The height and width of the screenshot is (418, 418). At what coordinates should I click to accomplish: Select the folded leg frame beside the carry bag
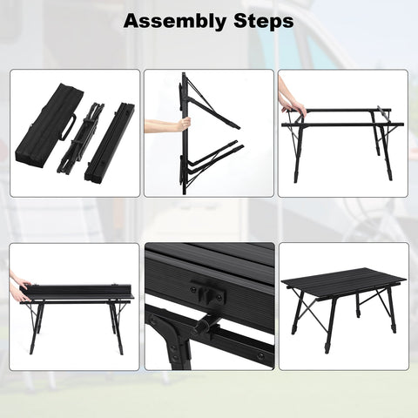[x=78, y=137]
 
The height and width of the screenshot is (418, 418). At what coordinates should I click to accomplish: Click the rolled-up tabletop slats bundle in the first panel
[x=110, y=141]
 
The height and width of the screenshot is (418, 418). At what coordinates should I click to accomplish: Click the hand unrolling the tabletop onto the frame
[x=20, y=287]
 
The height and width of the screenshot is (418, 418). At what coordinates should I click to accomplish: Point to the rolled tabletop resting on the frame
[x=76, y=292]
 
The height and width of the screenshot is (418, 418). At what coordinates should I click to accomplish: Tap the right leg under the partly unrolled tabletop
[x=117, y=328]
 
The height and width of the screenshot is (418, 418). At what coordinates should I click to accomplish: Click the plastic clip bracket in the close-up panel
[x=208, y=289]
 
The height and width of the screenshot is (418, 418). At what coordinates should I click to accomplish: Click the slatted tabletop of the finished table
[x=344, y=283]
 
